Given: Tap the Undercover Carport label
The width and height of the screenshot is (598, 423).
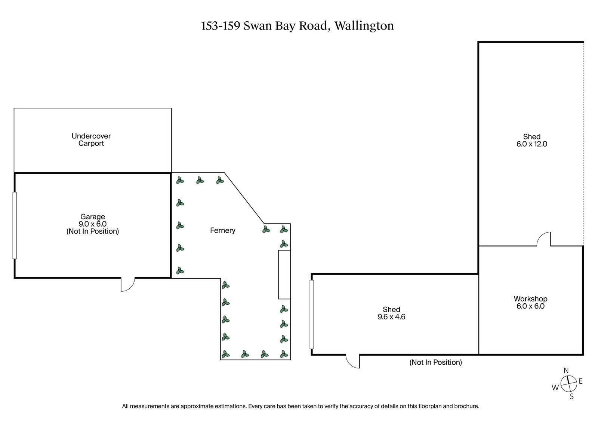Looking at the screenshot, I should (x=91, y=140).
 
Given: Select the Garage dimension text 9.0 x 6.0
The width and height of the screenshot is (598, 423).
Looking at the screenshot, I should (x=93, y=224).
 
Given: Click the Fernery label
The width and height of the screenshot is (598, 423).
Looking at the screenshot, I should (x=223, y=230).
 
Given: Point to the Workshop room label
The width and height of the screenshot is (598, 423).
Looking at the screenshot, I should (x=530, y=298).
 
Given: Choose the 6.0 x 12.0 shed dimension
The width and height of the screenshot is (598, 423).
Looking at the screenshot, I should (x=531, y=144).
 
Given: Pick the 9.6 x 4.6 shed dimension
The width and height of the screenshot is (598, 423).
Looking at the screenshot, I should (x=391, y=317).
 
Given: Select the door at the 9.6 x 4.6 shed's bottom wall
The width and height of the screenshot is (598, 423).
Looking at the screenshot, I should (x=353, y=361).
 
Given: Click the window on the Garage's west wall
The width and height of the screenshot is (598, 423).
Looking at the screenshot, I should (x=15, y=225).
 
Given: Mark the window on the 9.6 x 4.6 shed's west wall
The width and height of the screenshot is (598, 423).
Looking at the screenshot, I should (x=312, y=314).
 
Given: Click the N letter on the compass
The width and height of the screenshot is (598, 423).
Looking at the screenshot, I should (x=566, y=371).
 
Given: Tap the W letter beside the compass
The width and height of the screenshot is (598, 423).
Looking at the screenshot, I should (x=555, y=387).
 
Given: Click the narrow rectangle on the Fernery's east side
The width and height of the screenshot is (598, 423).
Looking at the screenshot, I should (x=284, y=275).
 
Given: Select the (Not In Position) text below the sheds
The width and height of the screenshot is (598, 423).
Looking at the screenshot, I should (x=435, y=362).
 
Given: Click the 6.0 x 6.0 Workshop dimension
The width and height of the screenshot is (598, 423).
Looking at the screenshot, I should (x=530, y=306).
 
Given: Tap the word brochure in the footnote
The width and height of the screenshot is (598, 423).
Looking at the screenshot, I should (x=466, y=406).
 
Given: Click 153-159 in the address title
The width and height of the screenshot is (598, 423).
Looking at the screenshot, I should (x=221, y=26).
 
